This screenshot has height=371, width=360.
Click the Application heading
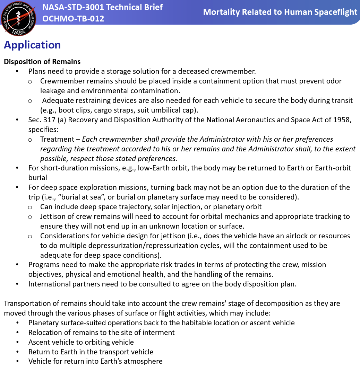click(32, 45)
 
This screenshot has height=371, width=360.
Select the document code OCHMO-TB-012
click(73, 19)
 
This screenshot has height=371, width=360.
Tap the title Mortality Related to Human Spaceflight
click(280, 12)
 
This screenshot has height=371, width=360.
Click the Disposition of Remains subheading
click(42, 62)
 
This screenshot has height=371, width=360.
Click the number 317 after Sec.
click(49, 120)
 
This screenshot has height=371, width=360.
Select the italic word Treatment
click(57, 139)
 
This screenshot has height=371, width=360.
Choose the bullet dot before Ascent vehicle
click(18, 342)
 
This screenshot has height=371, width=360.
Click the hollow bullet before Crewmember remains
click(30, 81)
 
